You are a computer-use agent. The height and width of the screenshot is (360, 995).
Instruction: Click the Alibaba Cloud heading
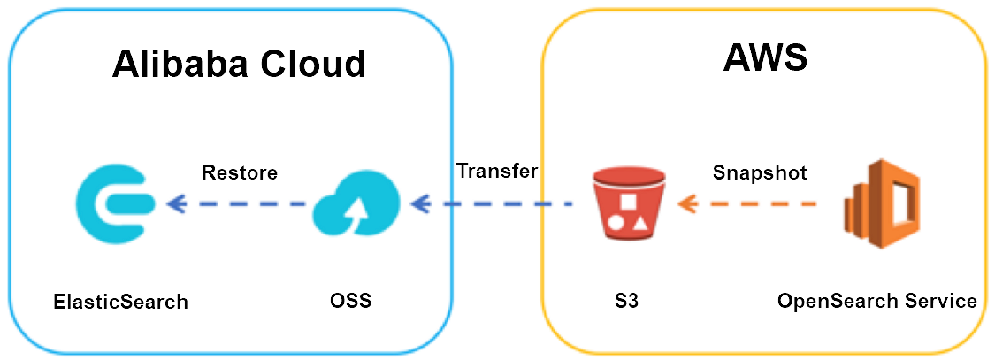239,64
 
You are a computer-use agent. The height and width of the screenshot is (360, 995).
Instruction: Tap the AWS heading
765,58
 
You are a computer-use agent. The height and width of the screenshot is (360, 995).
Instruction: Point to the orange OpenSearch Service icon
880,205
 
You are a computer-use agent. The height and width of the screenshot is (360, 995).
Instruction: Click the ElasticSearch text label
120,302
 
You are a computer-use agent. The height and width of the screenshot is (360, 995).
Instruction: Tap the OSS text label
345,301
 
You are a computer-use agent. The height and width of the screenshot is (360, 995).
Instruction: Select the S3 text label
626,301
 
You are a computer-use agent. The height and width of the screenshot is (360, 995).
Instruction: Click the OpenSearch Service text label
877,301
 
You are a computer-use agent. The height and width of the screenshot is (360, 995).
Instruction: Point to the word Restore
240,172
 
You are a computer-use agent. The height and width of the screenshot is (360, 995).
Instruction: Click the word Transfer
497,171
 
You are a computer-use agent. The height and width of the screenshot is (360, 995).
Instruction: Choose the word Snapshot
760,173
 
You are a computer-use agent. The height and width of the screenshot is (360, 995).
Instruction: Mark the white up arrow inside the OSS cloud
359,211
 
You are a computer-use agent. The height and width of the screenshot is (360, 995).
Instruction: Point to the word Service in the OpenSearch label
938,301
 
